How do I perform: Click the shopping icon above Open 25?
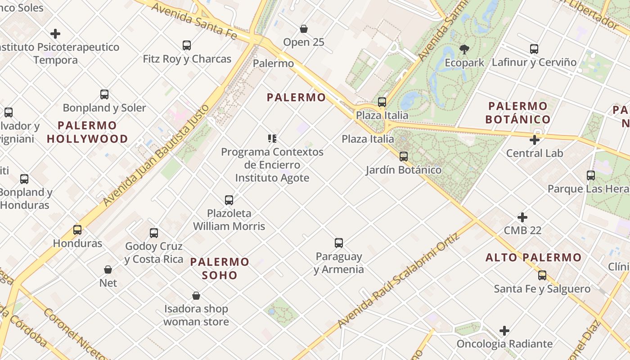[x=304, y=29]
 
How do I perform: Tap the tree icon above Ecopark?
[x=464, y=49]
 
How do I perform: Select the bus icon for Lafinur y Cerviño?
[x=534, y=49]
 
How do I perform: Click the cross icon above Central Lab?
[x=535, y=140]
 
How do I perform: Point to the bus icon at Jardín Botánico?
[x=404, y=157]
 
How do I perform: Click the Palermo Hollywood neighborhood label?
[x=87, y=132]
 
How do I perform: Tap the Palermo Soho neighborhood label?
[x=220, y=268]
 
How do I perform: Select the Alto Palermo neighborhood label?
[x=534, y=257]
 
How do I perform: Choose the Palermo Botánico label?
[x=518, y=112]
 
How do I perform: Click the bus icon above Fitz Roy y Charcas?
[x=187, y=45]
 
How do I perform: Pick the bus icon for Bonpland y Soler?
[x=104, y=94]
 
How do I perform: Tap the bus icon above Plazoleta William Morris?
[x=229, y=200]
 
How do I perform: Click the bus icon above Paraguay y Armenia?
[x=339, y=243]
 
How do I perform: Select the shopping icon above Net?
[x=108, y=270]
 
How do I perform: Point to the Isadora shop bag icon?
[x=196, y=296]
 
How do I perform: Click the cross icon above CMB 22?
[x=522, y=217]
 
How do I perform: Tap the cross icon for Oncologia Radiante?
[x=504, y=331]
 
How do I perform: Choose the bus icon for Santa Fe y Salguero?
[x=542, y=275]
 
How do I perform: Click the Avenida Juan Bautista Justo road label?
[x=157, y=155]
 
